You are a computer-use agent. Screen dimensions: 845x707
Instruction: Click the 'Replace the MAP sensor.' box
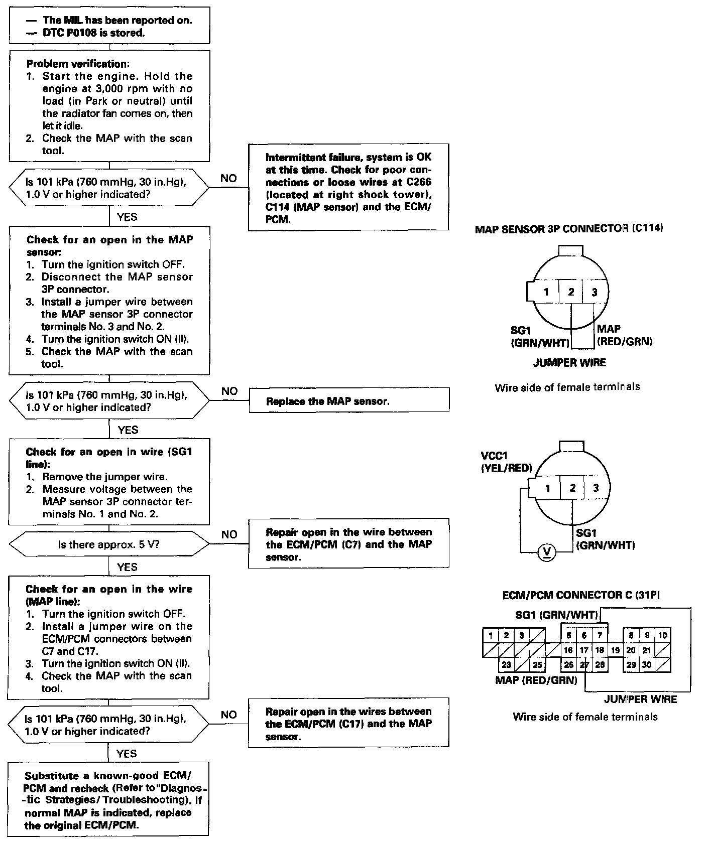[349, 401]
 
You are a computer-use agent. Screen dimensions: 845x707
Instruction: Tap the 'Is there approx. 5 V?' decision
[109, 544]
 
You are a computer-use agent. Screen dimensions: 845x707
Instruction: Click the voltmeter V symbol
[547, 552]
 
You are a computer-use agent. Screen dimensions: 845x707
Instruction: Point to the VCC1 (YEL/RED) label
[506, 462]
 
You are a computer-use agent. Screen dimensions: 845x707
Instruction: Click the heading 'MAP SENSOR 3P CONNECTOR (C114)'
[569, 229]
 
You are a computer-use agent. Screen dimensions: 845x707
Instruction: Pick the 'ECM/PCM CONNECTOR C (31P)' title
[581, 595]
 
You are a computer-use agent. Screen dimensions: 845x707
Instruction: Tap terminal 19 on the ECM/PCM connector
[615, 650]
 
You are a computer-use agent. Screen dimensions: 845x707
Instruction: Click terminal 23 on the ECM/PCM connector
[506, 665]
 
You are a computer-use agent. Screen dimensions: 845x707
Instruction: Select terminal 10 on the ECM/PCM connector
[662, 636]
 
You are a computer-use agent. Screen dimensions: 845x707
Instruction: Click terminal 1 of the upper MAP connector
[546, 292]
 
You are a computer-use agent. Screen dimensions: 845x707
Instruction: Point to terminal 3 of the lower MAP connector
[596, 488]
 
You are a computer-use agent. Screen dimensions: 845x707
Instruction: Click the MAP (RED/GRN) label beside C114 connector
[624, 335]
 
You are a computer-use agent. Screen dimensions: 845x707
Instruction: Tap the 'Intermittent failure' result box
[348, 188]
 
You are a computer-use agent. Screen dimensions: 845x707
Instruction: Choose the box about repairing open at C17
[348, 724]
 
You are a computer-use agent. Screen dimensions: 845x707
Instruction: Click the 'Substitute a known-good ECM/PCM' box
[108, 800]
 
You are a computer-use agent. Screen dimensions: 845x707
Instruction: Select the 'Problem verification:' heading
[78, 64]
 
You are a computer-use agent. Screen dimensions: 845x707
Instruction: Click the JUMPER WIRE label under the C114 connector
[569, 362]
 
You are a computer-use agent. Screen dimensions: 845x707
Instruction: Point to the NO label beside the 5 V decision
[229, 534]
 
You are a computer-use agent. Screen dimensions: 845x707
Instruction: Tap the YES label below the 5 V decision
[127, 567]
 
